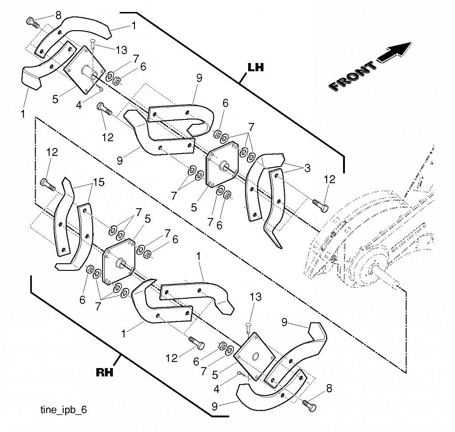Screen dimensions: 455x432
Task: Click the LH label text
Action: point(256,67)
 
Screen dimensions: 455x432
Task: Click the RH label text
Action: point(104,372)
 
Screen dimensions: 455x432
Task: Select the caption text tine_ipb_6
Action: point(63,410)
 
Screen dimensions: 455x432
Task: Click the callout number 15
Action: point(99,182)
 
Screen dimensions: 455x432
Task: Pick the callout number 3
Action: point(307,168)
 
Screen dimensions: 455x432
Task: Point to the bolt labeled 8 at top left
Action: point(33,23)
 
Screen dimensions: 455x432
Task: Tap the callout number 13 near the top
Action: point(122,50)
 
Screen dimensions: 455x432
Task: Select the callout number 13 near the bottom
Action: point(256,297)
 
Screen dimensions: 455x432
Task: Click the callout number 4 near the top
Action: point(79,105)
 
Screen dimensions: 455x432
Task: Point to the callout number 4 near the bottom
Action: point(217,389)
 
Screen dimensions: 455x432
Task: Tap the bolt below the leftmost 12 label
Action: point(48,185)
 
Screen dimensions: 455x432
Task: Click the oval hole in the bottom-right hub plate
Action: point(256,356)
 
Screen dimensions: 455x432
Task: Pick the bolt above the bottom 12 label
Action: point(197,343)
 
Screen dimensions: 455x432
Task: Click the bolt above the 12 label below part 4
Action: point(104,109)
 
